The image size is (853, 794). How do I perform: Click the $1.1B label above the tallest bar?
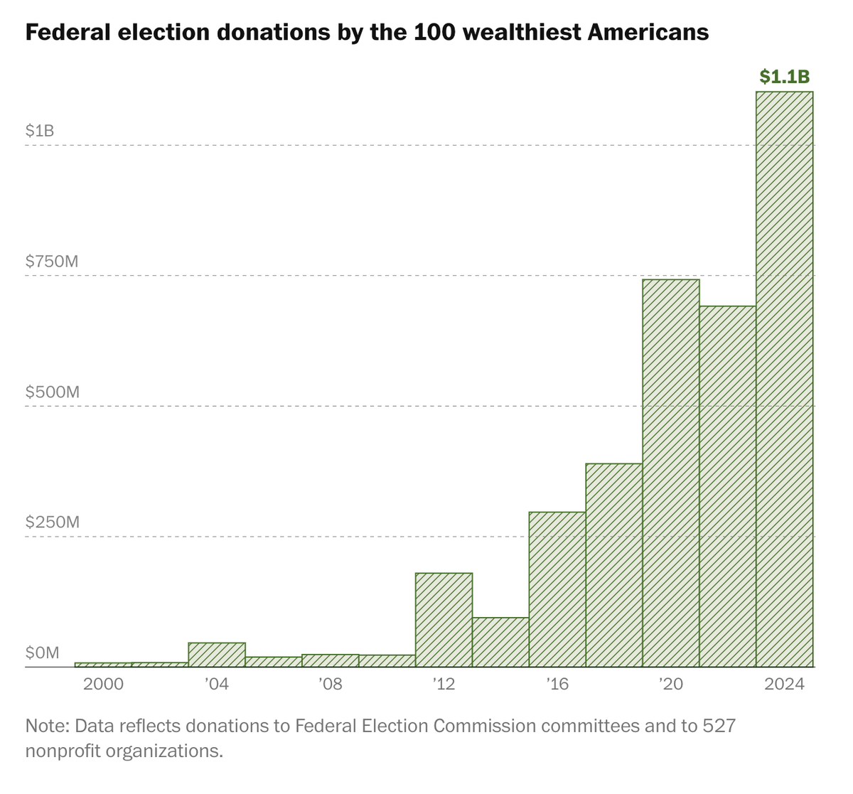pos(785,77)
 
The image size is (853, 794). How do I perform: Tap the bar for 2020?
pos(671,473)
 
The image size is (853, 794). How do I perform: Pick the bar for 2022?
pos(728,486)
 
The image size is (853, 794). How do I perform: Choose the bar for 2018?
pos(614,565)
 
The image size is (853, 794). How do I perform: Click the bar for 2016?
pos(557,589)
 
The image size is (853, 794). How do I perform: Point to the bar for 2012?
pos(444,620)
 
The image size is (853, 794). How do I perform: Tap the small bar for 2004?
pos(217,655)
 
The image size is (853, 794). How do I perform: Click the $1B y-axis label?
pos(40,131)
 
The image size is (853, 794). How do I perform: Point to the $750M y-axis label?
pos(52,262)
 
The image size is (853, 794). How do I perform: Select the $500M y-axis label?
pos(52,392)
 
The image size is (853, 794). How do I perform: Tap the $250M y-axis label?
pos(52,522)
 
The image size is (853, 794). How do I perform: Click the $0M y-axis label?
pos(43,653)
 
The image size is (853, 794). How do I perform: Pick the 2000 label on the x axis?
pos(103,685)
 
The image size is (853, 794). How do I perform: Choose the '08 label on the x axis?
pos(330,685)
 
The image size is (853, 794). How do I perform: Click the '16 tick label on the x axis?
pos(557,685)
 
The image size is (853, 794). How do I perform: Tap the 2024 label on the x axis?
pos(785,685)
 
